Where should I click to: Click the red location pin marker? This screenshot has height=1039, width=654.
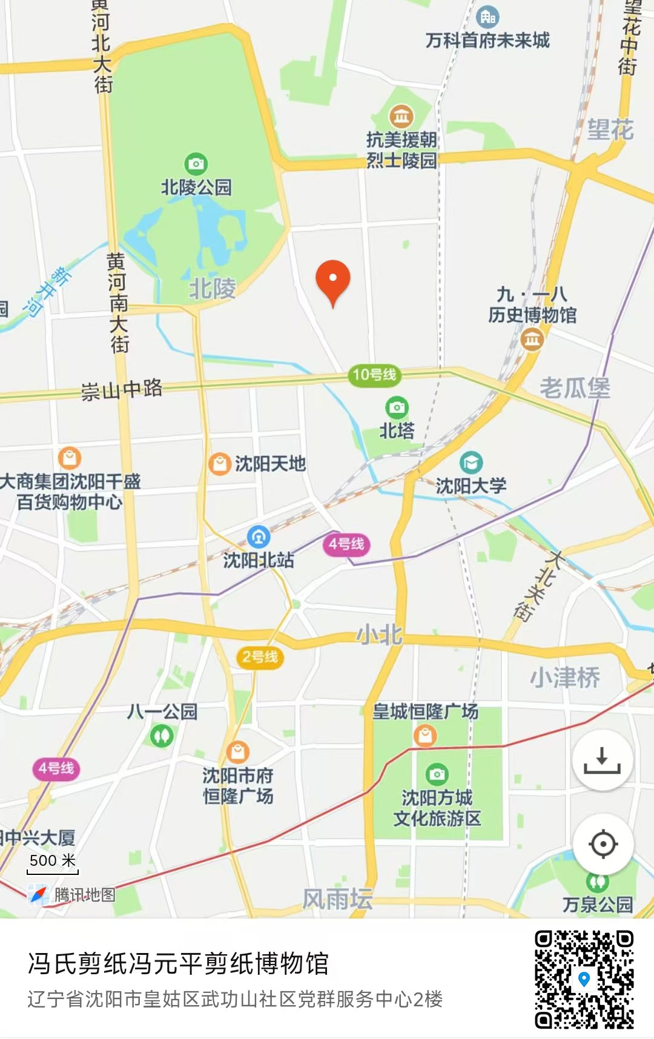click(333, 280)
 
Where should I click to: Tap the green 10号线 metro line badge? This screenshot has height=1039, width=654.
click(374, 375)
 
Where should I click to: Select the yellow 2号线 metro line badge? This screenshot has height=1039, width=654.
click(260, 657)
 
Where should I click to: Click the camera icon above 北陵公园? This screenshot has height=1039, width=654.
click(196, 163)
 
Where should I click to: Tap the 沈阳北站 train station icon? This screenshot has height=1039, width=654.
click(259, 536)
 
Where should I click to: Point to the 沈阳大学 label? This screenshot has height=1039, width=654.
click(471, 486)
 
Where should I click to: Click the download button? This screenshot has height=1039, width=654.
click(602, 760)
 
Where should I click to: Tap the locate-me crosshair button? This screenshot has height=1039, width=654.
click(603, 844)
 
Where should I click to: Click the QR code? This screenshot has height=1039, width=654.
click(584, 979)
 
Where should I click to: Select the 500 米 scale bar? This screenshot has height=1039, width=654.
click(53, 865)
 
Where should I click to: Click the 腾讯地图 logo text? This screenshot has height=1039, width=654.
click(84, 894)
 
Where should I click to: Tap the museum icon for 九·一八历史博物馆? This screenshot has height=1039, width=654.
click(532, 340)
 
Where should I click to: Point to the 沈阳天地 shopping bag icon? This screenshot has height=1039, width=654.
click(219, 464)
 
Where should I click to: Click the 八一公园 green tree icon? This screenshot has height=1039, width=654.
click(162, 736)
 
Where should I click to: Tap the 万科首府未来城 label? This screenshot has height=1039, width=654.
click(487, 41)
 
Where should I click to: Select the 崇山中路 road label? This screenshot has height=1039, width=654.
click(122, 389)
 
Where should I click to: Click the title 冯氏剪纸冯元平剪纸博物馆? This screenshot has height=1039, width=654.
click(178, 963)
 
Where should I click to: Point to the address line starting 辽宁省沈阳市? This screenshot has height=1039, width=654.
click(235, 999)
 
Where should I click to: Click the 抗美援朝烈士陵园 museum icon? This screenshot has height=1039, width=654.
click(401, 115)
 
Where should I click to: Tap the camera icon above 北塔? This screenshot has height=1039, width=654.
click(397, 407)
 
